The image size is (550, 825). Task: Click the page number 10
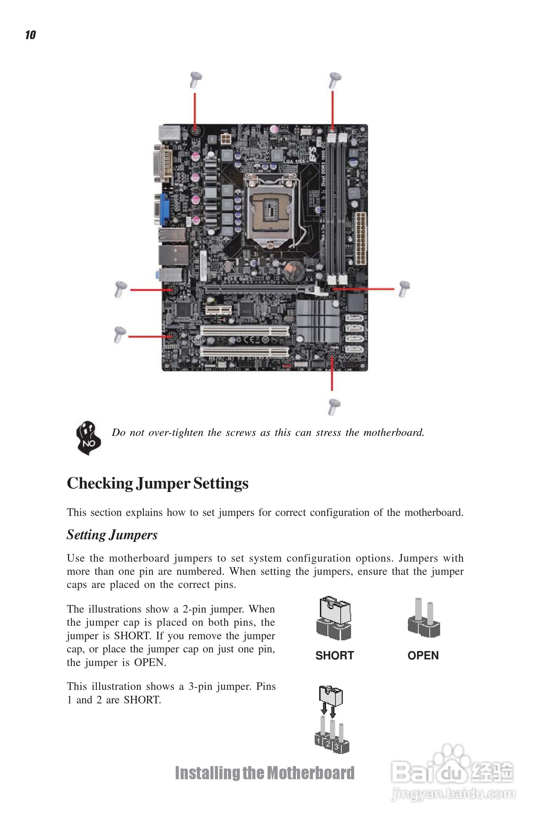point(30,35)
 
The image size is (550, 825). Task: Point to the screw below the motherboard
point(334,407)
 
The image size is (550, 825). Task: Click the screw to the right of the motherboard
point(404,289)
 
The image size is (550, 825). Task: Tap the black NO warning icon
point(88,438)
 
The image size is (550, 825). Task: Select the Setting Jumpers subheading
point(112,535)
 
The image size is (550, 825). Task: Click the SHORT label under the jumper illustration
point(335,655)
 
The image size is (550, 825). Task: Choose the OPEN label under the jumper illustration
point(423,655)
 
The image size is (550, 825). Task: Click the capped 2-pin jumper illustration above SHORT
point(334,618)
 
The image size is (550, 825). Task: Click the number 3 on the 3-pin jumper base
point(337,747)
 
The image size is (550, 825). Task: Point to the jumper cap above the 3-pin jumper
point(331,695)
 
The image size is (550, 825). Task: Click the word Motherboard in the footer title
point(311,773)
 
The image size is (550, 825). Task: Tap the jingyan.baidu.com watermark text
point(453,793)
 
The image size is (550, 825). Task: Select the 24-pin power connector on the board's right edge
point(360,238)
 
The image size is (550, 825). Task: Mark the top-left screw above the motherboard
point(195,80)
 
